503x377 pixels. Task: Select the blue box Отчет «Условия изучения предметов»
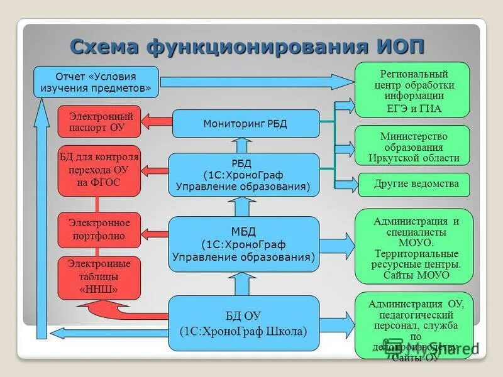[96, 82]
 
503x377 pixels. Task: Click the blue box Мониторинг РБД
[245, 123]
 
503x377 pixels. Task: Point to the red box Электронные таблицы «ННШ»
[99, 277]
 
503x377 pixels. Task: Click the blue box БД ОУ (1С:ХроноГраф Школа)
[243, 324]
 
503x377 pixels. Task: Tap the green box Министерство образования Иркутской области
[412, 147]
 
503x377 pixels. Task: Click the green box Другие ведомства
[416, 184]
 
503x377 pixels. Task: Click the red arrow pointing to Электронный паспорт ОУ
[156, 122]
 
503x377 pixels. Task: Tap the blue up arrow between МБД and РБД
[243, 205]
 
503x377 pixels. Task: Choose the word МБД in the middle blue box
[243, 229]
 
